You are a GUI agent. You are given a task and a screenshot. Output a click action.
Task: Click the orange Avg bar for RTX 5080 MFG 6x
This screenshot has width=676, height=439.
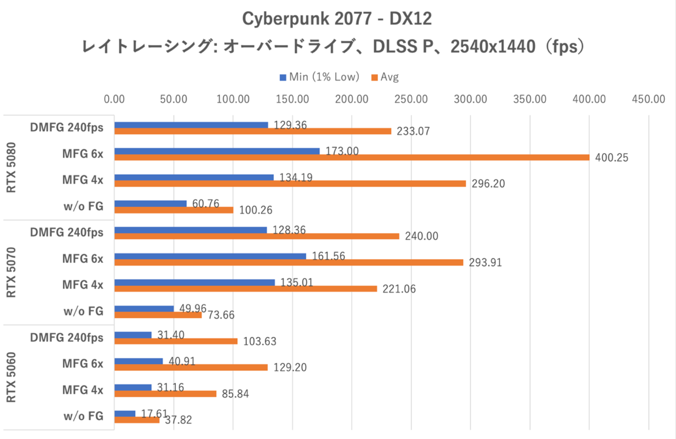[x=352, y=158]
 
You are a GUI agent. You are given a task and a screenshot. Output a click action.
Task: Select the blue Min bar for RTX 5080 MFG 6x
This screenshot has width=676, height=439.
[x=217, y=151]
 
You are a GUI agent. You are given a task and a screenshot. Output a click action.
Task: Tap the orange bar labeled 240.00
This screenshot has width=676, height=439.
[x=256, y=236]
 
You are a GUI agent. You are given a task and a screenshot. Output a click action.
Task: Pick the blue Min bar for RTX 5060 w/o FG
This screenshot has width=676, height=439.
[x=124, y=413]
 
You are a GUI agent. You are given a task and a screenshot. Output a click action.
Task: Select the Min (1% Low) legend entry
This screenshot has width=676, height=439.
[x=319, y=77]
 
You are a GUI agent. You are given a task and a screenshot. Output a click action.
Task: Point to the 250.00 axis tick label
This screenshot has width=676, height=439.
[x=411, y=100]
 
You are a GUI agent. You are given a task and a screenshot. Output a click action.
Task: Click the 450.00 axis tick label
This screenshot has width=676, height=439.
[x=648, y=100]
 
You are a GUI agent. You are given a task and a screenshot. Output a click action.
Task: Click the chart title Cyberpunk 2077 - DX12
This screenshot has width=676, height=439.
[x=337, y=19]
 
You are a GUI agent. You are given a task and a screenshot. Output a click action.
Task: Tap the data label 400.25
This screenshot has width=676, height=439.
[x=611, y=158]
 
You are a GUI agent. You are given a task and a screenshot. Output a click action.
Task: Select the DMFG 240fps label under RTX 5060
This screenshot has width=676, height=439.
[x=66, y=338]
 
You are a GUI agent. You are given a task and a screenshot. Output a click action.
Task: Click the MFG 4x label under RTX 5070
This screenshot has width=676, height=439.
[x=83, y=285]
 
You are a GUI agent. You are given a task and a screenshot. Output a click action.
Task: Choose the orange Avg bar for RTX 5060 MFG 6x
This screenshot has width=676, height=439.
[x=191, y=367]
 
